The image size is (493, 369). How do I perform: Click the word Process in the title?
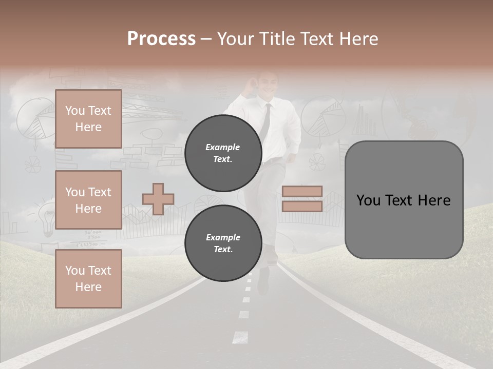(161, 39)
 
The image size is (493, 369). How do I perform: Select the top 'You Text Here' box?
(88, 119)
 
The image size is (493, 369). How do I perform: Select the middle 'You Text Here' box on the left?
(88, 200)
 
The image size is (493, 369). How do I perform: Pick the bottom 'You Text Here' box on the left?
(88, 278)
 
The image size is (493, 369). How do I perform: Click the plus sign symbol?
(158, 199)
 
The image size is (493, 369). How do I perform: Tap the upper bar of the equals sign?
(302, 191)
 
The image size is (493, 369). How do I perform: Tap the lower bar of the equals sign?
(302, 206)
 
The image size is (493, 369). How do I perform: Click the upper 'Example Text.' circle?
(223, 153)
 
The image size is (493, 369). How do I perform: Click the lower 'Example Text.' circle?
(223, 243)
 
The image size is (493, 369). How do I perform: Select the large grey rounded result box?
(404, 200)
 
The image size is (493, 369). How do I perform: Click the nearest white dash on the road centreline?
(240, 337)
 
